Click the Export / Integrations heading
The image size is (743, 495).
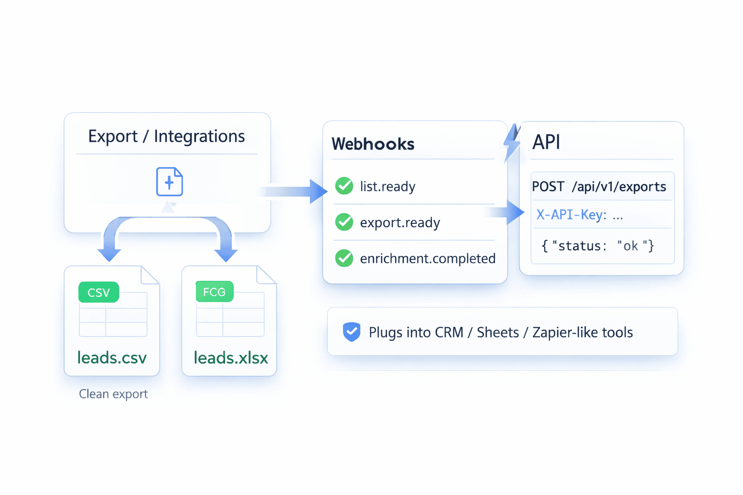[x=166, y=136]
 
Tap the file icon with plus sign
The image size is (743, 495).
[x=169, y=182]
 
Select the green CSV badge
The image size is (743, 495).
[x=99, y=292]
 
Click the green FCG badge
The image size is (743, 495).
[x=214, y=292]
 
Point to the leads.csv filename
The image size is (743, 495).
[x=112, y=358]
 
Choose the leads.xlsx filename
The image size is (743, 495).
[x=231, y=358]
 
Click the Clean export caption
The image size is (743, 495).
[x=113, y=394]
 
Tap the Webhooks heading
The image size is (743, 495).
[x=373, y=144]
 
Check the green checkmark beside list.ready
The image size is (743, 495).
[x=344, y=186]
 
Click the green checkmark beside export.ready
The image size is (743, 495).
[x=344, y=222]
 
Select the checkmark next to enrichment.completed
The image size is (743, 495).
[x=344, y=258]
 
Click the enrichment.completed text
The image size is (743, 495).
[x=428, y=259]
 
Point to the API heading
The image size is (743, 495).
[x=546, y=142]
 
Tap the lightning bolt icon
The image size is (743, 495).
[x=512, y=142]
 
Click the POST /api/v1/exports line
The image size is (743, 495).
[x=599, y=187]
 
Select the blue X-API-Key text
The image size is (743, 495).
[x=571, y=215]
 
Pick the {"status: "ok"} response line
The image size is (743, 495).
[x=597, y=246]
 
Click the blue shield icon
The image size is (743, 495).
[x=352, y=332]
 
